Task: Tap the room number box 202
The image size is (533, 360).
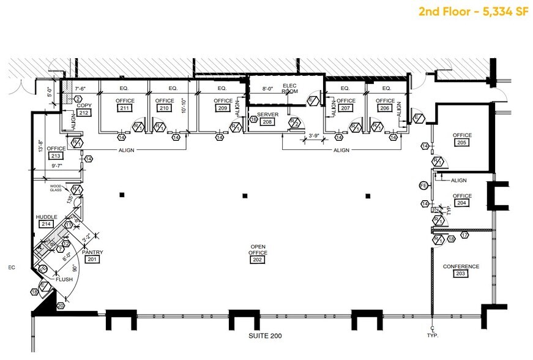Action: pos(257,260)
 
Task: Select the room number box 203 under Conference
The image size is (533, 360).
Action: pos(461,274)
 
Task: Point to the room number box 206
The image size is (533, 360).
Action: pos(385,108)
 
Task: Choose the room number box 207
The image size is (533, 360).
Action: pos(346,108)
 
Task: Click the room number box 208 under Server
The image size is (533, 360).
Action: pos(267,122)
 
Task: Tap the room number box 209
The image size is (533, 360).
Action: pos(223,108)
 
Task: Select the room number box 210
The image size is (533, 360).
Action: pos(164,108)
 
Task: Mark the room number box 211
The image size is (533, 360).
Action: pos(125,108)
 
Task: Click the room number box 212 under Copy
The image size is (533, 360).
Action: pos(84,113)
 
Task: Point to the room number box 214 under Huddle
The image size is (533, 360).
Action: pos(46,224)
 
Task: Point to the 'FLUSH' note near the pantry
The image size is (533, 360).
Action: pos(64,280)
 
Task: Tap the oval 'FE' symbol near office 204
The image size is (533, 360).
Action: pos(422,185)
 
